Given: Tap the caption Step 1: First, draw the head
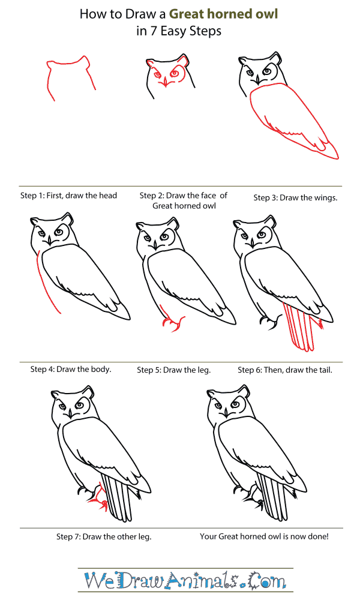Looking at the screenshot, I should coord(69,196).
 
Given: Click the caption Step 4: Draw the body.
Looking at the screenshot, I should coord(71,369).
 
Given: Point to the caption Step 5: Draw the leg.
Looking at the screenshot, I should coord(174,370).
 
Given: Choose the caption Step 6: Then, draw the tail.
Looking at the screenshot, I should coord(285,370).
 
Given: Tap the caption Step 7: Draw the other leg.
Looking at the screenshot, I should coord(104,536).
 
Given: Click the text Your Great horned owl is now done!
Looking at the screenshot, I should coord(264,536).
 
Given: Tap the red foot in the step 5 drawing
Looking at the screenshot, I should coord(172,325).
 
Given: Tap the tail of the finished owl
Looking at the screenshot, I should coord(273,498).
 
